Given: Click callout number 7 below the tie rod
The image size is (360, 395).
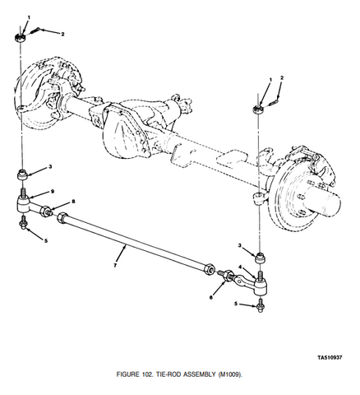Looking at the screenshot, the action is click(x=115, y=265).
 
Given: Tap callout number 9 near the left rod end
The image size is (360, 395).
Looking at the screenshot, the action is click(x=53, y=191).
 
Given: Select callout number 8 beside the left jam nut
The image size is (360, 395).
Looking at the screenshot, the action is click(x=73, y=202).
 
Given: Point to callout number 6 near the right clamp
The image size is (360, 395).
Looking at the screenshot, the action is click(x=211, y=297).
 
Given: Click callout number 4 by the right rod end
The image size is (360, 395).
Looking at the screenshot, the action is click(x=240, y=267).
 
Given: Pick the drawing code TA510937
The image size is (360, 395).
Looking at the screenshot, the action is click(x=330, y=357).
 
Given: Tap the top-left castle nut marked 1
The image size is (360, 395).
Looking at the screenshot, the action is click(x=20, y=37).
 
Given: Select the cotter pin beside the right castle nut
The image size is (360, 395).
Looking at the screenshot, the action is click(x=274, y=102).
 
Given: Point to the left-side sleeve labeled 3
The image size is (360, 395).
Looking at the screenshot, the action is click(x=22, y=175).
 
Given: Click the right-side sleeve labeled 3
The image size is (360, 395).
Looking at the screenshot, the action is click(x=261, y=258).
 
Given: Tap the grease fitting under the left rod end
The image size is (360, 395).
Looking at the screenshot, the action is click(x=23, y=222).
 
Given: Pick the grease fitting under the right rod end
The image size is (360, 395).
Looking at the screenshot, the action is click(x=261, y=306).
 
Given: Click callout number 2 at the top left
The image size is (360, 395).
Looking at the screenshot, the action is click(x=62, y=35).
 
